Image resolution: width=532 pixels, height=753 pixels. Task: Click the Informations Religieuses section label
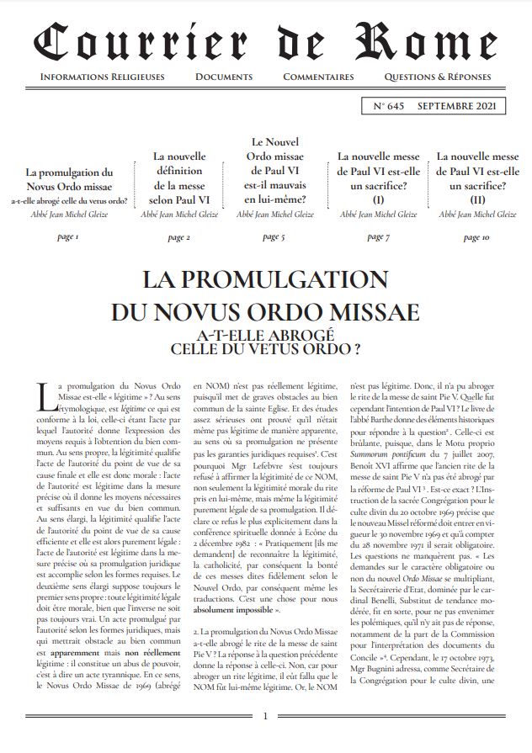click(102, 77)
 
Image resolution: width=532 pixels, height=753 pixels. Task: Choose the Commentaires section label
click(318, 77)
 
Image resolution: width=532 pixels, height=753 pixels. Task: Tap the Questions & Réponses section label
click(437, 77)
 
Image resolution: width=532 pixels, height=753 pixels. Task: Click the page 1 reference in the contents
click(67, 237)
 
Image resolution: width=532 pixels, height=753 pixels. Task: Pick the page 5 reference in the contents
click(273, 236)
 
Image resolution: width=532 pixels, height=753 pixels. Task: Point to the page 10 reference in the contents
click(476, 237)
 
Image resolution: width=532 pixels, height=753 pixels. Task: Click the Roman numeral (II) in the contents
click(477, 199)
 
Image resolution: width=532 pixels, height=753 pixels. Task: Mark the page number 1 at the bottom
click(266, 716)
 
